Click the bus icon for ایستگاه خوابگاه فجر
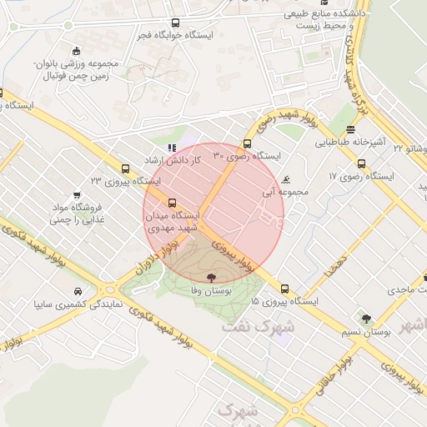(175, 23)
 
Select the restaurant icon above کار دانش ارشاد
(172, 148)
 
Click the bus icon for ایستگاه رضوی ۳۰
(247, 143)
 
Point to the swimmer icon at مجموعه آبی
(286, 180)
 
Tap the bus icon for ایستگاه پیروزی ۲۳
(125, 168)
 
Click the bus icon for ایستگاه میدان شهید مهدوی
(172, 203)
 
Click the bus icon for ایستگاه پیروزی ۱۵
(285, 288)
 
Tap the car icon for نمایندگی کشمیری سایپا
(78, 291)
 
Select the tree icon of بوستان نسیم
(365, 318)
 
